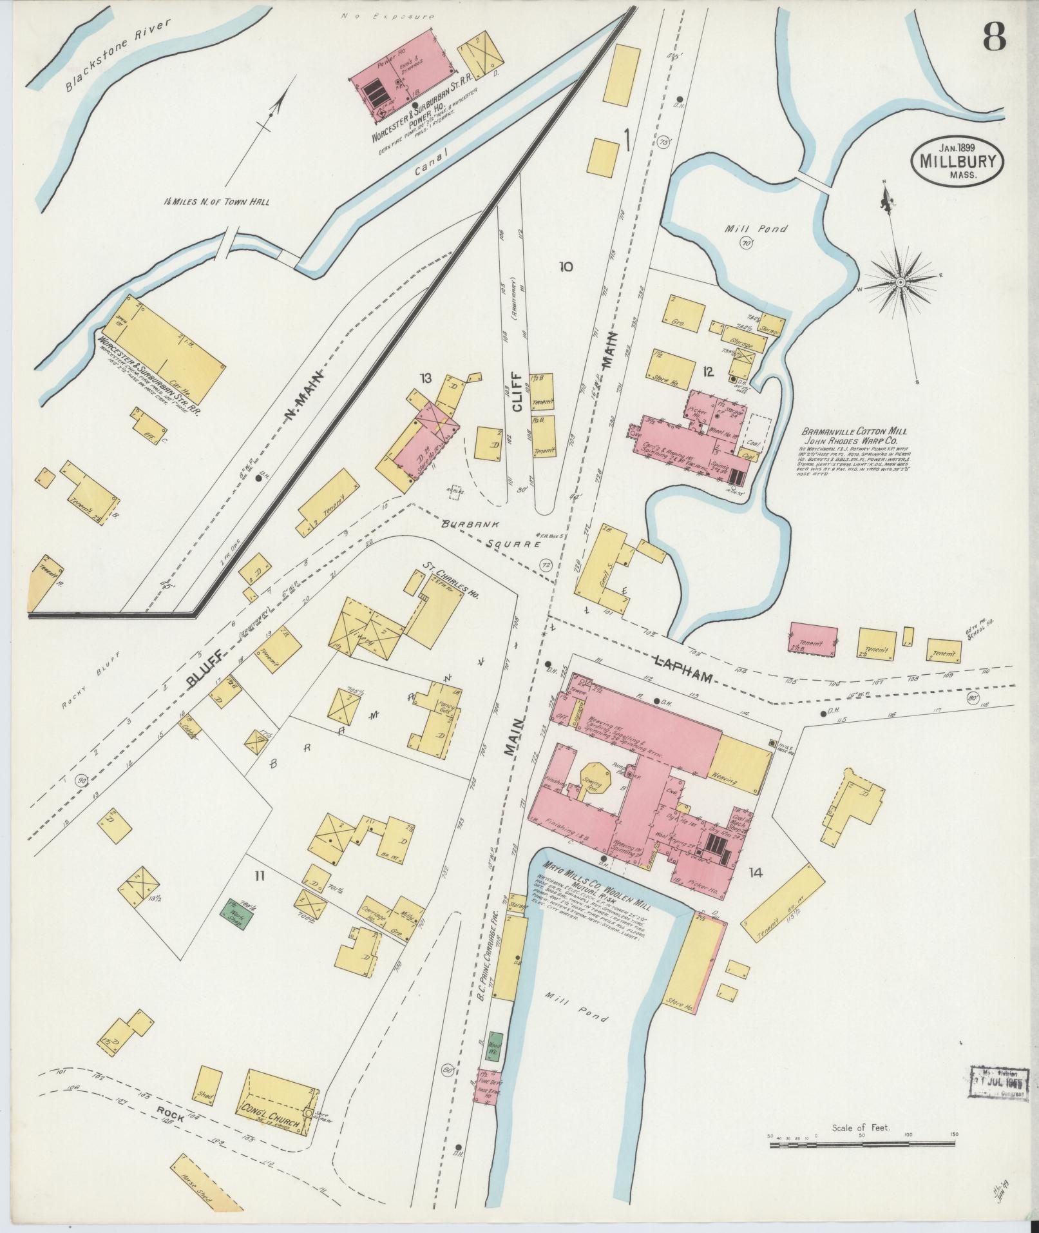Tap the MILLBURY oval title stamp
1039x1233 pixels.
(958, 158)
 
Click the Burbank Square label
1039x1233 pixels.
(490, 532)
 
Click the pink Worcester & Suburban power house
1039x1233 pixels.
(401, 87)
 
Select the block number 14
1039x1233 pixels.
(756, 873)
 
